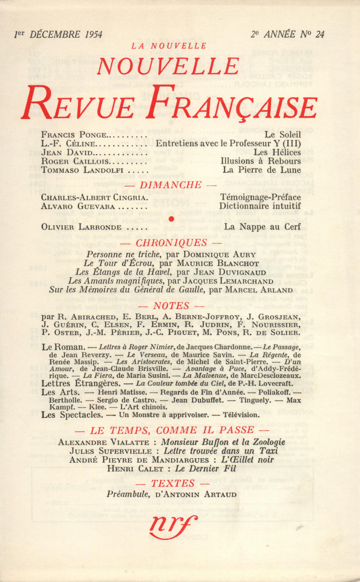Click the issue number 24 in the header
319,34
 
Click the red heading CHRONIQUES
171,243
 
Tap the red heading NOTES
171,306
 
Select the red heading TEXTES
172,483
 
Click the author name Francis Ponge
74,135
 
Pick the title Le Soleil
283,135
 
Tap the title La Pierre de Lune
262,170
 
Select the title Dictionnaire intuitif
260,206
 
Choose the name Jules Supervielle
111,451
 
